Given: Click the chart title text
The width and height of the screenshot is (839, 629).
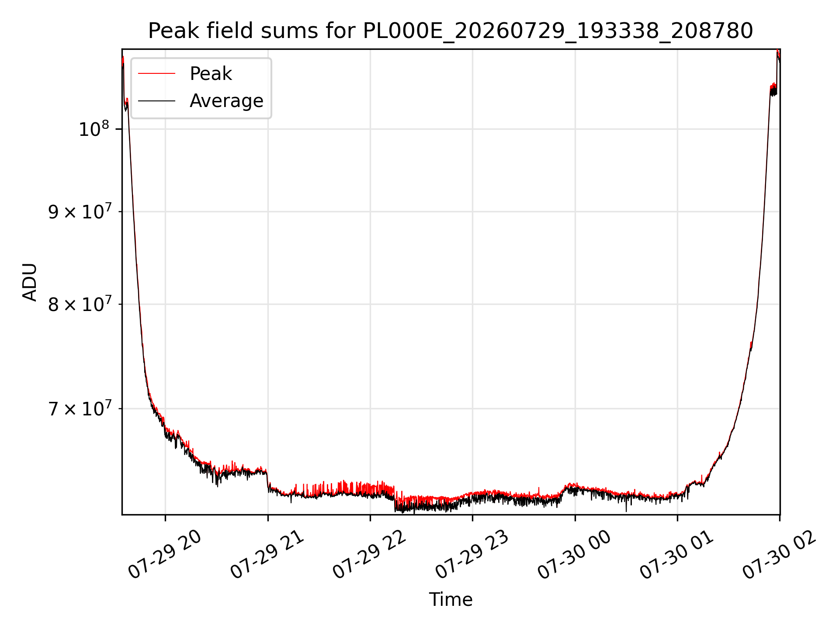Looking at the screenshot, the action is (451, 31).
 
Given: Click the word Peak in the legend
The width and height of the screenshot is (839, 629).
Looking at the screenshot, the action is (211, 73).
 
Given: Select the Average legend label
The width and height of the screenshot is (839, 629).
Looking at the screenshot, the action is (226, 101).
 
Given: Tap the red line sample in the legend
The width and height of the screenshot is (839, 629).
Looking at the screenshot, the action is (156, 74).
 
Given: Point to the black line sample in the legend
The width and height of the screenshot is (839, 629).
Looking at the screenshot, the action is (156, 101).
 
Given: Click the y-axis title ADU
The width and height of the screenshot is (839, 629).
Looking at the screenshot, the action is (30, 282).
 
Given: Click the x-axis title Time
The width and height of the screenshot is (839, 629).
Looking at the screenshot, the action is (451, 600).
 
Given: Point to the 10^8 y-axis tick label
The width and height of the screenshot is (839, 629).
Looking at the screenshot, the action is (94, 129).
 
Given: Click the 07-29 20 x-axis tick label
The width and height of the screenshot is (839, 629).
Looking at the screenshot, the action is (165, 555).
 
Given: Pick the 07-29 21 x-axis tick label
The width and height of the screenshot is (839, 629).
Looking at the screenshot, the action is (267, 555).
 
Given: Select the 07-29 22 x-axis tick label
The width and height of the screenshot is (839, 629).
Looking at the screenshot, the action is (370, 555).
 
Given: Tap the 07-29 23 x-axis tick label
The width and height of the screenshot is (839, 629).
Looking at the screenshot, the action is (472, 555).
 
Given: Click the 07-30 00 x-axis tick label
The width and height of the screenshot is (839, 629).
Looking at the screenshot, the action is (575, 555).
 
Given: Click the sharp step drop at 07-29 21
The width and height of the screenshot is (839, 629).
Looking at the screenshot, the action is (267, 480).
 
